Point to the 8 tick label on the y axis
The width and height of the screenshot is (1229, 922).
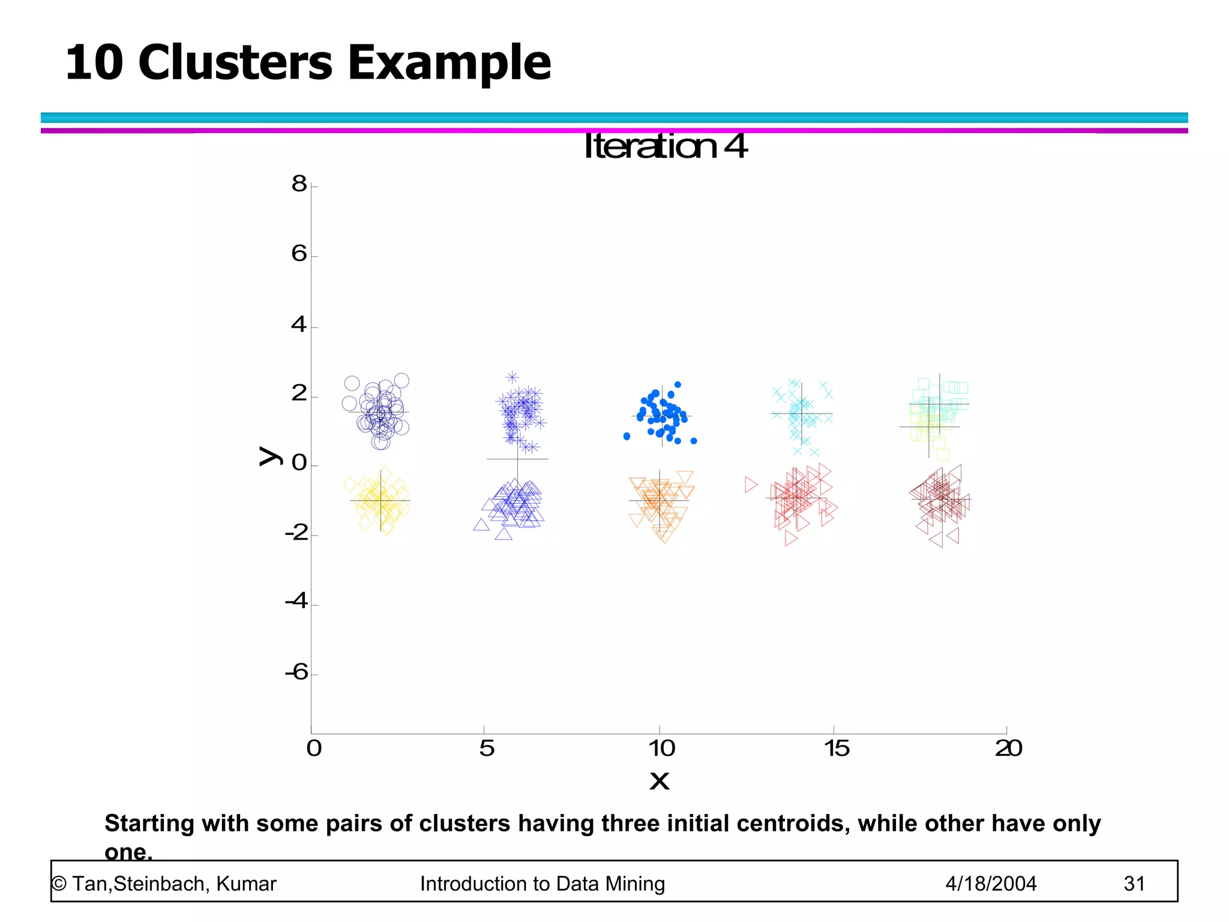[299, 184]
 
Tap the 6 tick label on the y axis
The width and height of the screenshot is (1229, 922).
[299, 254]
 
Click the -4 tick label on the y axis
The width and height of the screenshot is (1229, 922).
[296, 601]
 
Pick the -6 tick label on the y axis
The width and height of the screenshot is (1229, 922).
[296, 672]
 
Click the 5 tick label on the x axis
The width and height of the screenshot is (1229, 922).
[487, 749]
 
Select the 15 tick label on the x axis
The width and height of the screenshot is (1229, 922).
[836, 749]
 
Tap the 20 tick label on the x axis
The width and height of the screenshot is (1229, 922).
[1009, 749]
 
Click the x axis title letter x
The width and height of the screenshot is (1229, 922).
[660, 781]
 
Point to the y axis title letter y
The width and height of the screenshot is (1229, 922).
[269, 456]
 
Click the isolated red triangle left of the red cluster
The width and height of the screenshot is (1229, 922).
[751, 484]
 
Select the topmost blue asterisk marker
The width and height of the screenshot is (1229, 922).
[512, 377]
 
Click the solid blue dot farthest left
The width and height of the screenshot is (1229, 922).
[627, 436]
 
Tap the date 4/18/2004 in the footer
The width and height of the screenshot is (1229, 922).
[991, 884]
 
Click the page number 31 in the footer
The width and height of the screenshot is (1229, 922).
[1134, 884]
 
